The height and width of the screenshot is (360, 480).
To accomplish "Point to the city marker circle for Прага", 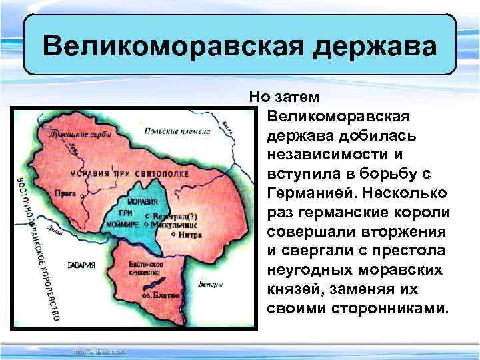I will pos(83,197).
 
